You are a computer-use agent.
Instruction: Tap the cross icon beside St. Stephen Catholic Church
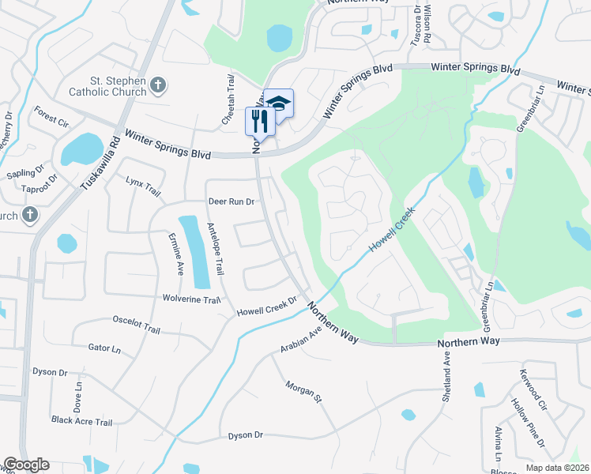click(x=158, y=85)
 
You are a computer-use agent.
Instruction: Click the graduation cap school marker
click(x=277, y=103)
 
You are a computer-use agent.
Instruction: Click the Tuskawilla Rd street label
click(x=100, y=164)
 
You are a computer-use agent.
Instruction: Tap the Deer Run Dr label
click(x=231, y=201)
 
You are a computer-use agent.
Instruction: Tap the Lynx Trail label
click(x=143, y=182)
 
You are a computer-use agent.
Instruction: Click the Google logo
click(x=26, y=465)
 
